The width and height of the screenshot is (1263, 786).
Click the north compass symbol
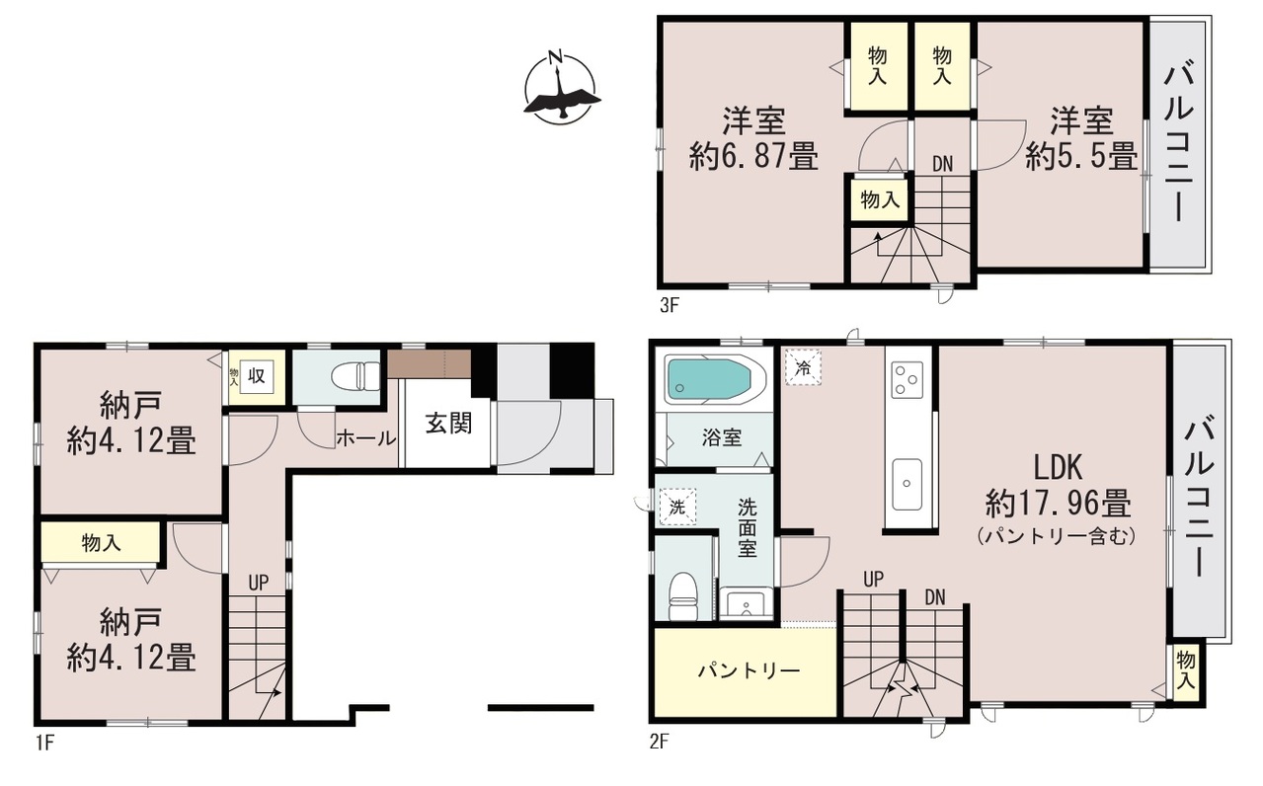560,88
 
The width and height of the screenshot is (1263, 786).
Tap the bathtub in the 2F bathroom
714,379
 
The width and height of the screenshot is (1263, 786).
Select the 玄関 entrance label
448,423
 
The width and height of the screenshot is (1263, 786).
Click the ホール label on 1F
366,437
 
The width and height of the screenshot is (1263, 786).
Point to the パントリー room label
749,670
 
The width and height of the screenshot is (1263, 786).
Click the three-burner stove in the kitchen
908,380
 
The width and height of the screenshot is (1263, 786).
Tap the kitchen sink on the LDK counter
908,484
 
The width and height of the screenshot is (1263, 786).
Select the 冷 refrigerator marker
804,367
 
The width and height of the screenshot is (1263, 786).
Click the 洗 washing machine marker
677,507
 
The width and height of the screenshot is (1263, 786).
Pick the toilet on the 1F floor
356,375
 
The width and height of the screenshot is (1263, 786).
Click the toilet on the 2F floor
683,596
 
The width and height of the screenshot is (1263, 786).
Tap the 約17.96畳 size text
1058,503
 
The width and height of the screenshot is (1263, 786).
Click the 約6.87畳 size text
753,156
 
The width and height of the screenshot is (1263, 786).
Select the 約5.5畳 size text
1081,156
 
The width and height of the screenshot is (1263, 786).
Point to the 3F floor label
670,305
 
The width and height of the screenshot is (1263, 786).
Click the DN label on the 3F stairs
943,165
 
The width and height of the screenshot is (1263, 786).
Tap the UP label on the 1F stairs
259,583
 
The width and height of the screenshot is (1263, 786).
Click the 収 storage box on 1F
257,376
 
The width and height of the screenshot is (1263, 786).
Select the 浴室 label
722,437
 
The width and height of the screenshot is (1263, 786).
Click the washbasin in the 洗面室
746,604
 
